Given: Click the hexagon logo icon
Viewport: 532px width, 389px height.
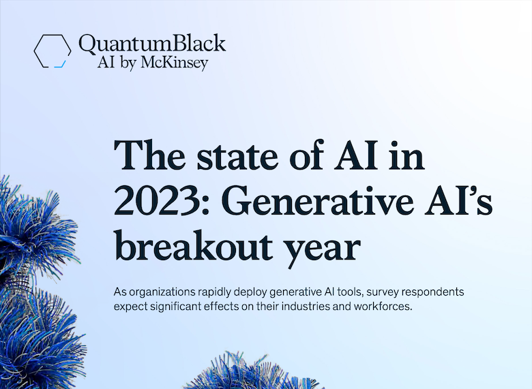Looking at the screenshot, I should (52, 52).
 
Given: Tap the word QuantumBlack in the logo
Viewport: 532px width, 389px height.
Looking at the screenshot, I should (152, 44).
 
